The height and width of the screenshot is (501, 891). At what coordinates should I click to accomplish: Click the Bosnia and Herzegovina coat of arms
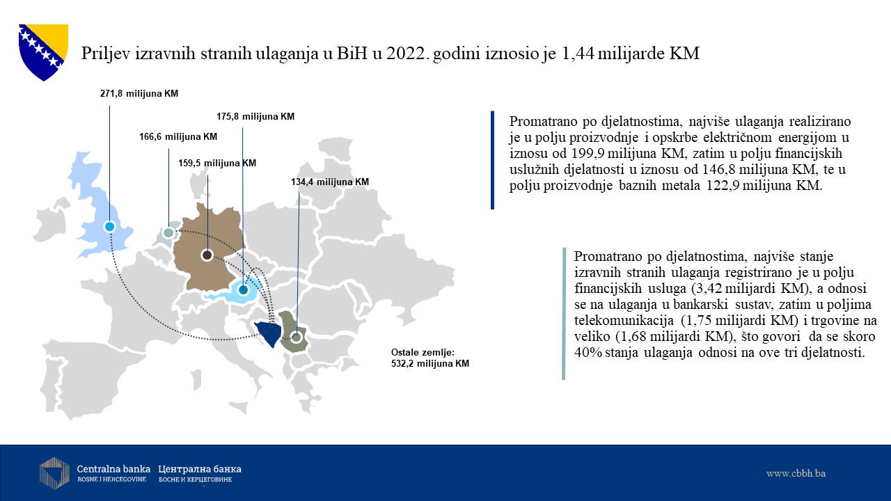(x=43, y=52)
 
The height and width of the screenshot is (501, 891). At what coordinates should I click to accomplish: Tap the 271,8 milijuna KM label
(x=139, y=93)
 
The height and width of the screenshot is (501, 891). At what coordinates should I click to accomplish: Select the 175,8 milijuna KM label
(x=255, y=116)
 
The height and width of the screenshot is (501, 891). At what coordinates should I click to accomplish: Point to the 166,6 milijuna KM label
(x=178, y=137)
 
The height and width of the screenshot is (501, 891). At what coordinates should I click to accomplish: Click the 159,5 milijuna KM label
(x=217, y=163)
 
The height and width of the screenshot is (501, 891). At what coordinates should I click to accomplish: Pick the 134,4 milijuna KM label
(x=330, y=182)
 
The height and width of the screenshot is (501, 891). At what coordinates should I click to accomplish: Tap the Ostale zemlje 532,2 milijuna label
(x=430, y=358)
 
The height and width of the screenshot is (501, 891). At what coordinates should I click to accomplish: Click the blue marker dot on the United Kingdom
(x=109, y=227)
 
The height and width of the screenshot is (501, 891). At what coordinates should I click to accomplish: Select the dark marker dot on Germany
(x=207, y=255)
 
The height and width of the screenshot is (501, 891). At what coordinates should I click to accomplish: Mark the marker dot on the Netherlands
(x=168, y=232)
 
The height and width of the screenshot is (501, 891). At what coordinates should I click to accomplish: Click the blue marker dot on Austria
(x=243, y=289)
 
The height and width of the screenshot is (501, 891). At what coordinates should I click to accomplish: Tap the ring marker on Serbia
(x=296, y=337)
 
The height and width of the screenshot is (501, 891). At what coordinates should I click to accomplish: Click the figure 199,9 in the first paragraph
(x=588, y=153)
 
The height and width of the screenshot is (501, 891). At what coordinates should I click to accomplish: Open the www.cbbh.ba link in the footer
(x=796, y=473)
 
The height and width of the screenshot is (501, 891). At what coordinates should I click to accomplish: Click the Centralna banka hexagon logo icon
(x=54, y=473)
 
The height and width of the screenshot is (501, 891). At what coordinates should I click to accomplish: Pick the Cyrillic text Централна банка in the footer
(x=200, y=469)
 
